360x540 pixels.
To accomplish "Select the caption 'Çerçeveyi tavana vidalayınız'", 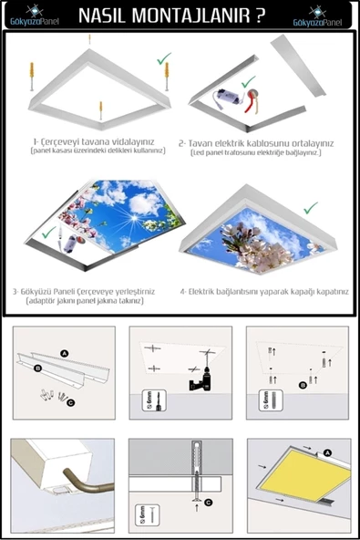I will [x=91, y=142].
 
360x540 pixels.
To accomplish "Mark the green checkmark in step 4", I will [x=311, y=207].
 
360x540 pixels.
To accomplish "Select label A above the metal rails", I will [x=65, y=351].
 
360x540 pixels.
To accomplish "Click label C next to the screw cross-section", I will [x=210, y=501].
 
